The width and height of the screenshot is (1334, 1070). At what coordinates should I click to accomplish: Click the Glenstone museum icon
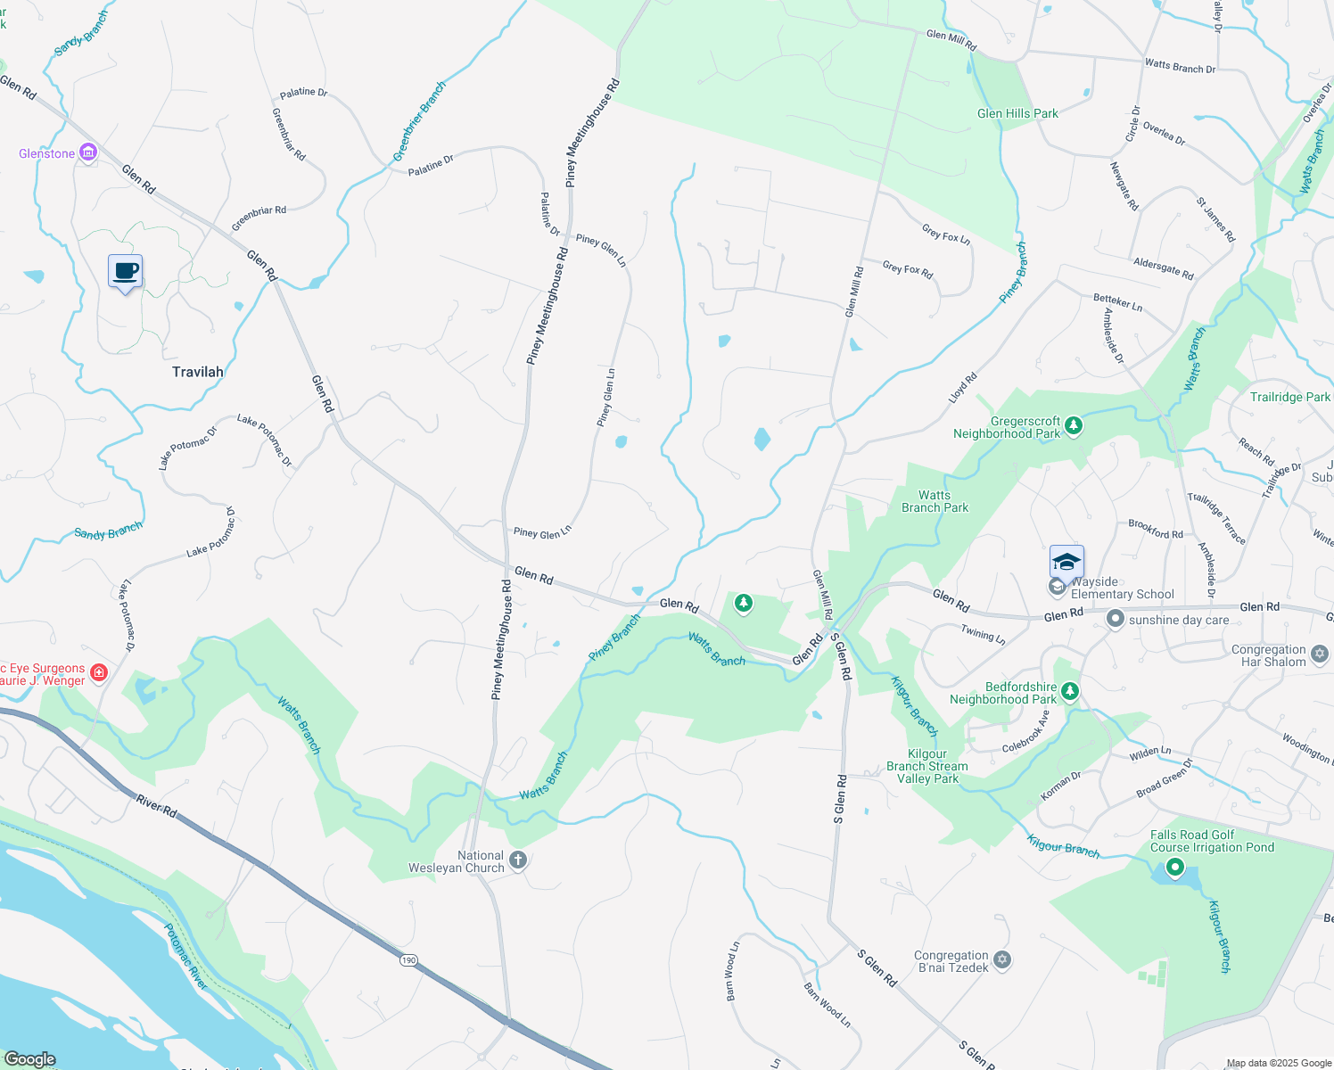point(87,153)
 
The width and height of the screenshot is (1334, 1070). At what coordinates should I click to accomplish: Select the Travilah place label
point(198,372)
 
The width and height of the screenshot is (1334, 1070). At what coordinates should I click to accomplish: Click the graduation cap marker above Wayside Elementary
point(1066,563)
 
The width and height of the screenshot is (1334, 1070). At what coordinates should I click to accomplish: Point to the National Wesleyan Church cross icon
point(519,860)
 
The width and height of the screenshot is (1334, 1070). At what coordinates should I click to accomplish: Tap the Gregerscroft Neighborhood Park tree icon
point(1074,425)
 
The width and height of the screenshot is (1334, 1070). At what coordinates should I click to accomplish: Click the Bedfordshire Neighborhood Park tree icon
point(1070,691)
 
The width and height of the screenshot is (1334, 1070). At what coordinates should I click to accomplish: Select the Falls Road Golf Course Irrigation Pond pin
point(1175,866)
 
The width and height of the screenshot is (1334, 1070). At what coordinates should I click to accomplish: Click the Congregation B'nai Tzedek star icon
point(1002,959)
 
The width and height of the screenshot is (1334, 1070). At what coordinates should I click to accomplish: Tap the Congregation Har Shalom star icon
point(1320,654)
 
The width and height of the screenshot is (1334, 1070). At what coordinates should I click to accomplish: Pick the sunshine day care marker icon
point(1115,619)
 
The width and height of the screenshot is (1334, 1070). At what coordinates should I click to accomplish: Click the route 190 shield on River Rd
point(408,959)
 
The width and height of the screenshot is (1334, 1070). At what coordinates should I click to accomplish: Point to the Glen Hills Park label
point(1017,113)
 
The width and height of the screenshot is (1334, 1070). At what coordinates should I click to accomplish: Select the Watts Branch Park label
point(935,501)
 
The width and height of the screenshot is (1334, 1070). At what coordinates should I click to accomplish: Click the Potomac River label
point(185,957)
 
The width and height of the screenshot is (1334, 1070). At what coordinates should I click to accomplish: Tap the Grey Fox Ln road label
point(946,235)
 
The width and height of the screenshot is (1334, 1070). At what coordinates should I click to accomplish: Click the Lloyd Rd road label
point(962,386)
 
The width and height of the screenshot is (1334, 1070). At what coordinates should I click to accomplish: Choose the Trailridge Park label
point(1289,397)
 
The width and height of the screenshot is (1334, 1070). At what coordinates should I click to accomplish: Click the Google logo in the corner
point(30,1058)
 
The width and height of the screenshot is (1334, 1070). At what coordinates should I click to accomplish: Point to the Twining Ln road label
point(983,634)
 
